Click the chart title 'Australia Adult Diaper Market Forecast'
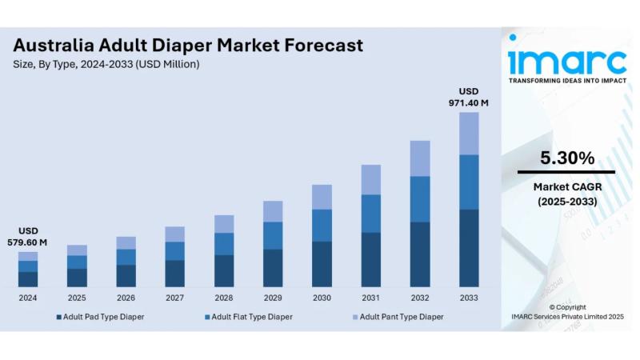click(x=188, y=45)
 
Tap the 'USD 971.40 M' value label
click(x=469, y=97)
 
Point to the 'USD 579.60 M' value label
click(x=28, y=237)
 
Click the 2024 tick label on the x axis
click(x=28, y=298)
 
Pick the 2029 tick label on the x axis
click(x=273, y=298)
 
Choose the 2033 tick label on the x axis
click(x=469, y=298)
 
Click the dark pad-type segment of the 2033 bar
click(x=469, y=248)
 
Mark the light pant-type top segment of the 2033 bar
click(x=469, y=134)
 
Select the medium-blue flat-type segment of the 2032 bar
click(x=420, y=199)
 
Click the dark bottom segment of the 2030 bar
click(x=322, y=264)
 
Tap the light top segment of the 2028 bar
click(x=224, y=224)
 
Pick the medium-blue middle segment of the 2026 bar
click(x=126, y=257)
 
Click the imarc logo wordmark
click(x=566, y=61)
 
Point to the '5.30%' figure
click(x=566, y=158)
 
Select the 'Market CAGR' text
click(x=566, y=186)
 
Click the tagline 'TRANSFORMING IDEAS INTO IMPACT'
click(x=566, y=81)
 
